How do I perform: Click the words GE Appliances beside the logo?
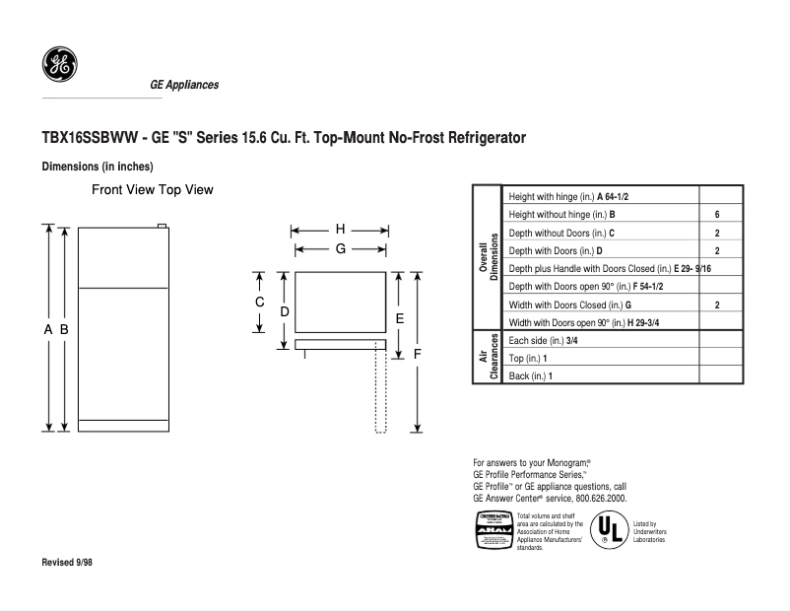click(x=184, y=85)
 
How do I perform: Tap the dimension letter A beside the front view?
click(x=47, y=330)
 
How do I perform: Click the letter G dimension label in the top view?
click(x=340, y=249)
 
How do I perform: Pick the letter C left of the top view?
click(x=260, y=302)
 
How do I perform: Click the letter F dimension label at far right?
click(x=418, y=353)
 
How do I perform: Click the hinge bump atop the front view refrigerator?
click(x=164, y=226)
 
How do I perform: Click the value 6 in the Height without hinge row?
click(x=717, y=214)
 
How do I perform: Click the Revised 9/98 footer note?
click(x=68, y=562)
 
